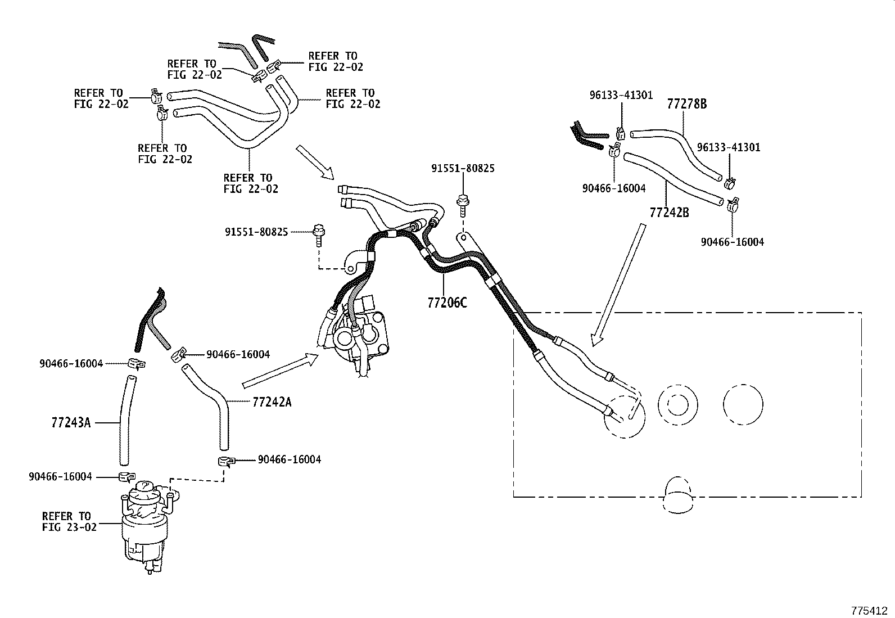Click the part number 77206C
click(x=447, y=303)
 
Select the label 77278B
click(x=686, y=104)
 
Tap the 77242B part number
click(x=669, y=213)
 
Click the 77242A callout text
click(x=272, y=402)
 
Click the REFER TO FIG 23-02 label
click(x=69, y=521)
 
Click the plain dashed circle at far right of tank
click(x=743, y=404)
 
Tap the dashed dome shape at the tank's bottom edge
click(x=679, y=495)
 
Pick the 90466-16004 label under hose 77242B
click(x=732, y=242)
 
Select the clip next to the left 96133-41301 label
click(x=620, y=133)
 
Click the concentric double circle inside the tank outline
click(x=677, y=404)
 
